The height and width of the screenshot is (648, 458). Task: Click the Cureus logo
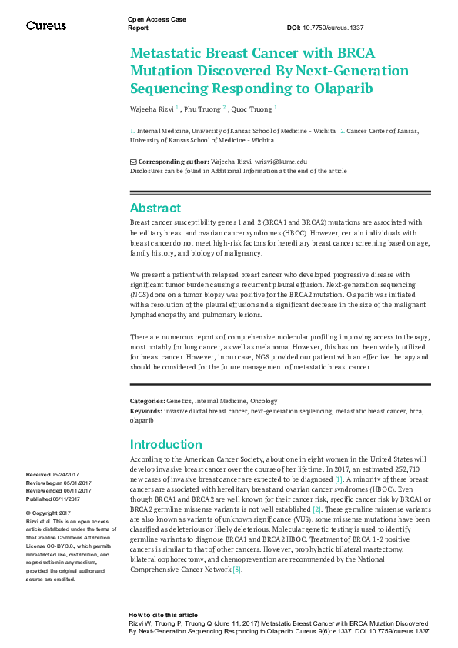click(x=46, y=25)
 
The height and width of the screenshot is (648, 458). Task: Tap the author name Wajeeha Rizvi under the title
click(x=152, y=109)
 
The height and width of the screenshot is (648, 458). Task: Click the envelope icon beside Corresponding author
click(x=133, y=162)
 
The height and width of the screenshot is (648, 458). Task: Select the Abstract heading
click(x=155, y=208)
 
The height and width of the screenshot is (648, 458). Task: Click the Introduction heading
click(x=165, y=444)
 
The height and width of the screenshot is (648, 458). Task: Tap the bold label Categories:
click(x=147, y=401)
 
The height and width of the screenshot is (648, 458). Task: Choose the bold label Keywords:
click(x=146, y=411)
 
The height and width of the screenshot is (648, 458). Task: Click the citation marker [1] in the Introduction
click(x=337, y=479)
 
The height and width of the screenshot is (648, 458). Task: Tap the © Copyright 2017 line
click(x=48, y=513)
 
